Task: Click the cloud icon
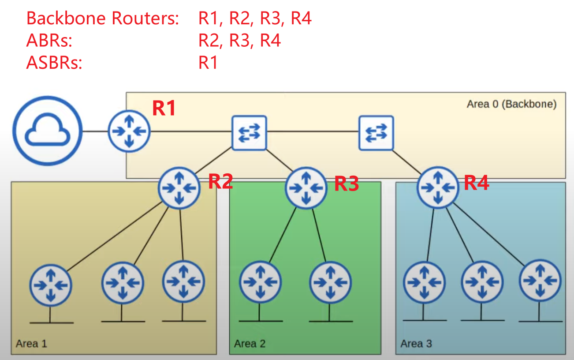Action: (x=48, y=131)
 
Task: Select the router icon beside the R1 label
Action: (x=129, y=131)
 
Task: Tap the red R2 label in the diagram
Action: (x=220, y=181)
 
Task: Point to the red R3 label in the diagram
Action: (x=347, y=184)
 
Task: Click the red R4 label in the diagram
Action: (x=476, y=182)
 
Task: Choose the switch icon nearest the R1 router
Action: (x=250, y=132)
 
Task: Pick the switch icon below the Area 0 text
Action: (x=376, y=132)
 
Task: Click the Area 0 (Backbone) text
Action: (x=511, y=104)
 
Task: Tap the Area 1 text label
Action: (x=31, y=343)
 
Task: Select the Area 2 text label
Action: (x=250, y=343)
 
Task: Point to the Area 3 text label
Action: (x=416, y=343)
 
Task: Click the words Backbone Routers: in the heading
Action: (x=102, y=19)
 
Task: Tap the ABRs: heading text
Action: (x=49, y=41)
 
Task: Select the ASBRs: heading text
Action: (x=55, y=63)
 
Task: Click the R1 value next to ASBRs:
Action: (x=208, y=63)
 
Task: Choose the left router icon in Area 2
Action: (x=261, y=281)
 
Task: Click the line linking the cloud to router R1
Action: (x=96, y=131)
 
